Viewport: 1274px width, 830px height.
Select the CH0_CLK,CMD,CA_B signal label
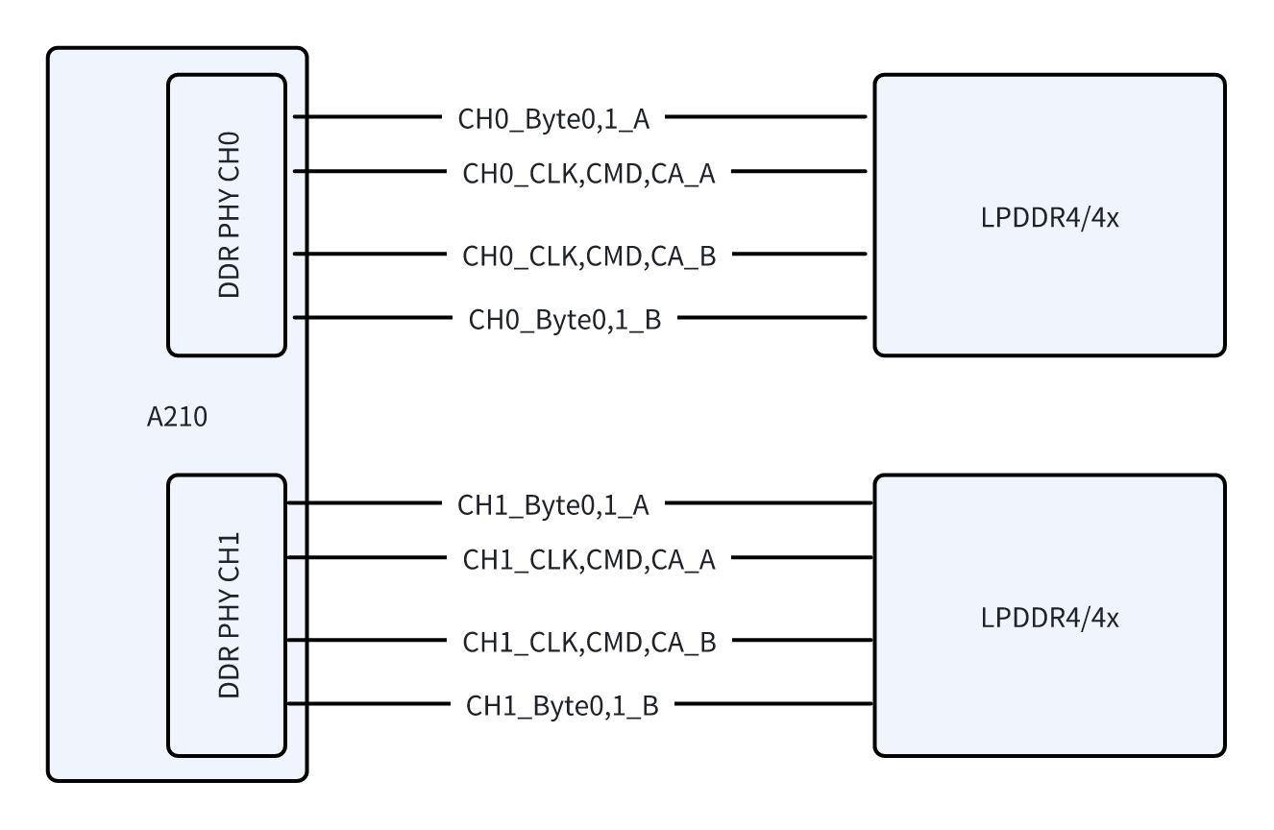(589, 256)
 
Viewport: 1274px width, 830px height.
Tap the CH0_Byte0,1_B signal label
(564, 319)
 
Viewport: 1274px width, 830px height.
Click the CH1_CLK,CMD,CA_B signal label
(589, 642)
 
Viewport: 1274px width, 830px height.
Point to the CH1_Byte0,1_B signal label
(563, 705)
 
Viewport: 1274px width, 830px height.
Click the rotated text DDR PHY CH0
(229, 215)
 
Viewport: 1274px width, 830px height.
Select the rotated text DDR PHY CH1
(229, 615)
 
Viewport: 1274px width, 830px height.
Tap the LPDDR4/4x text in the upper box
(1050, 216)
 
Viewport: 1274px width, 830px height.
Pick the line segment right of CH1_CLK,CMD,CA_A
(803, 558)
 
